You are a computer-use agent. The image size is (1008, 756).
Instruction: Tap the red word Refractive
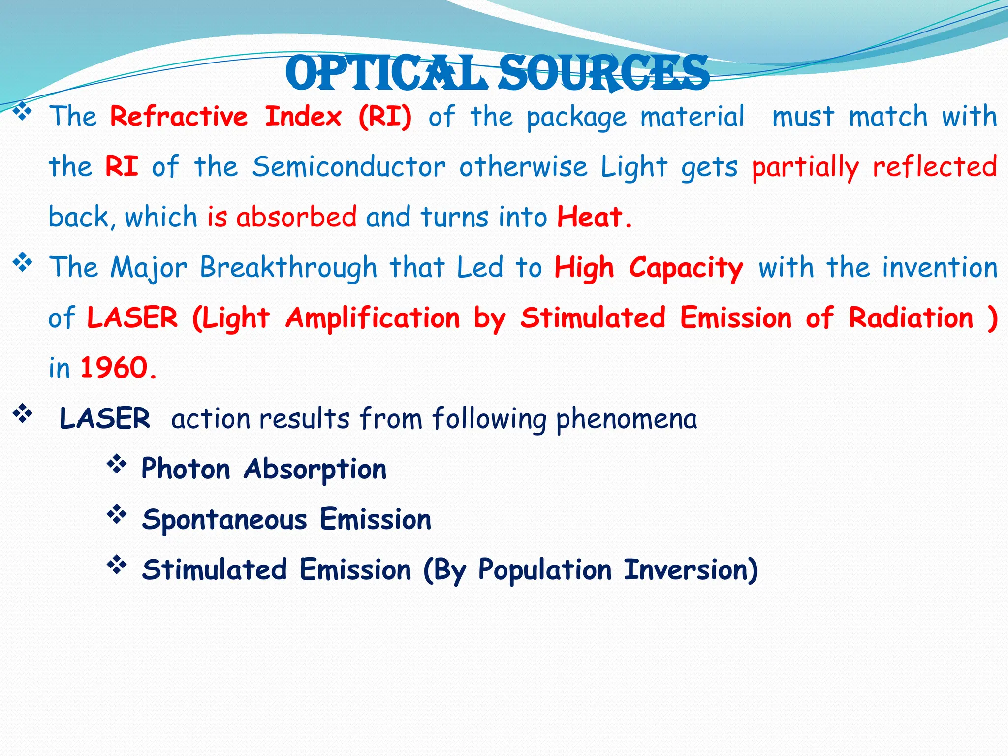tap(179, 117)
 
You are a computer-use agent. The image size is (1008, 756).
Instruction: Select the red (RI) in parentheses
tap(385, 117)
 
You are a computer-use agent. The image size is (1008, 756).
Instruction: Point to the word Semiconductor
tap(349, 167)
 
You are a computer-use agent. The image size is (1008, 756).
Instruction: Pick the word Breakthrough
tap(288, 268)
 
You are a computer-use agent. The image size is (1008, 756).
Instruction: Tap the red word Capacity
tap(686, 269)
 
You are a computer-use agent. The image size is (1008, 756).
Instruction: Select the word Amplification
tap(373, 318)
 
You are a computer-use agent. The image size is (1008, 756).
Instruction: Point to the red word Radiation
tap(911, 318)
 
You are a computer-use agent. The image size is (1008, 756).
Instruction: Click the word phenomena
tap(626, 419)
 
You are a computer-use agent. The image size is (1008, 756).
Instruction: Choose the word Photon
tap(186, 469)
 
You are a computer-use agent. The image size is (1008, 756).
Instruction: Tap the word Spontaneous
tap(224, 520)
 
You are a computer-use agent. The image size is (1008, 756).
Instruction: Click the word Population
tap(545, 570)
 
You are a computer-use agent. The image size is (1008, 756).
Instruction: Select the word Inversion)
tap(691, 570)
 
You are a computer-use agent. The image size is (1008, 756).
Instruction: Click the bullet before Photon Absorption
tap(117, 464)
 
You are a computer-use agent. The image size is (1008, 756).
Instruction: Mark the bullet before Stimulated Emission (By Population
tap(117, 565)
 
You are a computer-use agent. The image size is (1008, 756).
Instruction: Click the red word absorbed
tap(296, 217)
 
